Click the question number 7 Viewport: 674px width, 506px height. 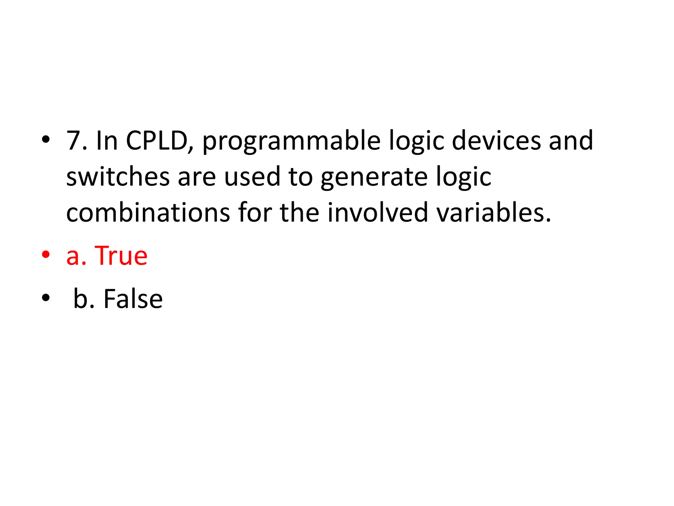click(x=74, y=141)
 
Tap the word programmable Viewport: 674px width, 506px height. click(x=291, y=142)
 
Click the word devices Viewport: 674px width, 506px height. click(x=496, y=141)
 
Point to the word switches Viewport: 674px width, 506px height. click(x=118, y=177)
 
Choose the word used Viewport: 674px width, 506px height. click(x=252, y=177)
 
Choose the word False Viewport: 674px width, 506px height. click(x=133, y=299)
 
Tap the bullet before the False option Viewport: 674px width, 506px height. click(x=46, y=298)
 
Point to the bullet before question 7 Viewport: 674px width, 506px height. click(x=46, y=140)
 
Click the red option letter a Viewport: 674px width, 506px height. click(x=73, y=257)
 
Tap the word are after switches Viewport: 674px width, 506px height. click(x=196, y=178)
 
